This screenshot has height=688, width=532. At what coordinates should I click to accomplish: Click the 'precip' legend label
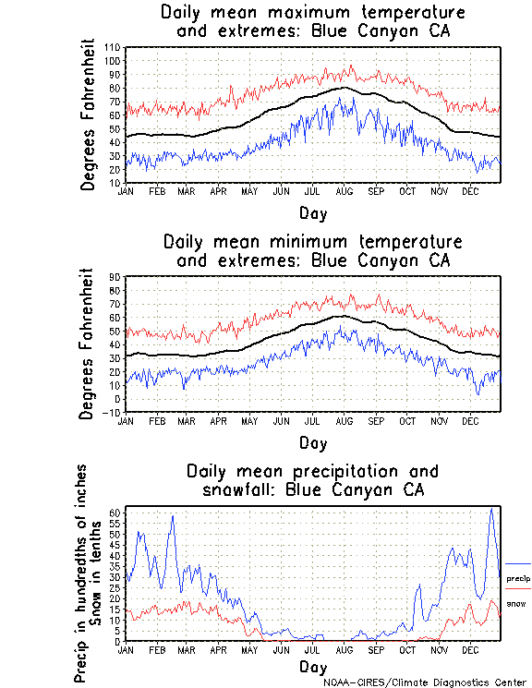518,578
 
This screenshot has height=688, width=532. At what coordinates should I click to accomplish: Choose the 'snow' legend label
515,604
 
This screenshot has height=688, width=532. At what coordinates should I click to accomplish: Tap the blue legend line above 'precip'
517,563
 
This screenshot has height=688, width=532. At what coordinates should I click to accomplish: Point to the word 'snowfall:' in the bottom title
238,489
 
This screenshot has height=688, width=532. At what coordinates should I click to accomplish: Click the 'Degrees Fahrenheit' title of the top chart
89,115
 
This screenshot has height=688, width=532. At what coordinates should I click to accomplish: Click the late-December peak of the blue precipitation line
491,509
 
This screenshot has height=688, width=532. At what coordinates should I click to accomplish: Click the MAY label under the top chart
248,191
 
